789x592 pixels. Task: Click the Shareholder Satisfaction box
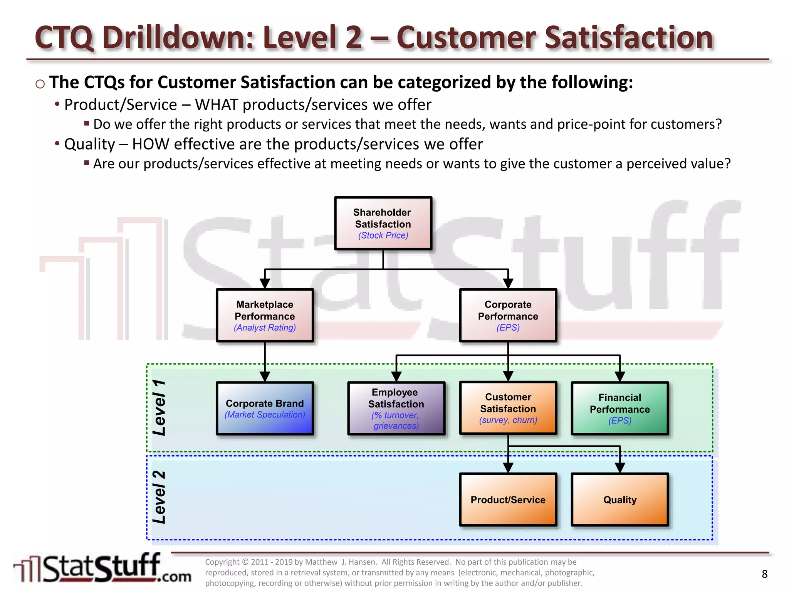pos(383,223)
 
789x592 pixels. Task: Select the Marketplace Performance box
pos(265,315)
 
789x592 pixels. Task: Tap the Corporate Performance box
pos(508,315)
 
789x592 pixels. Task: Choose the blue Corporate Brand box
pos(265,408)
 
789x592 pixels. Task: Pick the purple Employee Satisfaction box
pos(396,408)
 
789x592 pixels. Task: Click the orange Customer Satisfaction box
pos(508,408)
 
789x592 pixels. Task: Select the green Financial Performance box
pos(619,408)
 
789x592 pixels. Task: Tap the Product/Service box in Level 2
pos(508,499)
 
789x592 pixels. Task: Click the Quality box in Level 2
pos(619,499)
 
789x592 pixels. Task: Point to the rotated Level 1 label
pos(159,408)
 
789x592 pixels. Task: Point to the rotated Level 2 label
pos(159,497)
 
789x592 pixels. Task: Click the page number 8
pos(764,574)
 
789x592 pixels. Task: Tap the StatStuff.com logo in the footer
pos(102,569)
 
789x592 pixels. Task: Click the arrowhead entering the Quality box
pos(619,468)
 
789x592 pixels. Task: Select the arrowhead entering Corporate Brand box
pos(265,376)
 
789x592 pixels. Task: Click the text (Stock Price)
pos(383,235)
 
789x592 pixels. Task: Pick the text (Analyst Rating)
pos(265,328)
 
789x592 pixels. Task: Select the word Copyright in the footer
pos(222,562)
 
